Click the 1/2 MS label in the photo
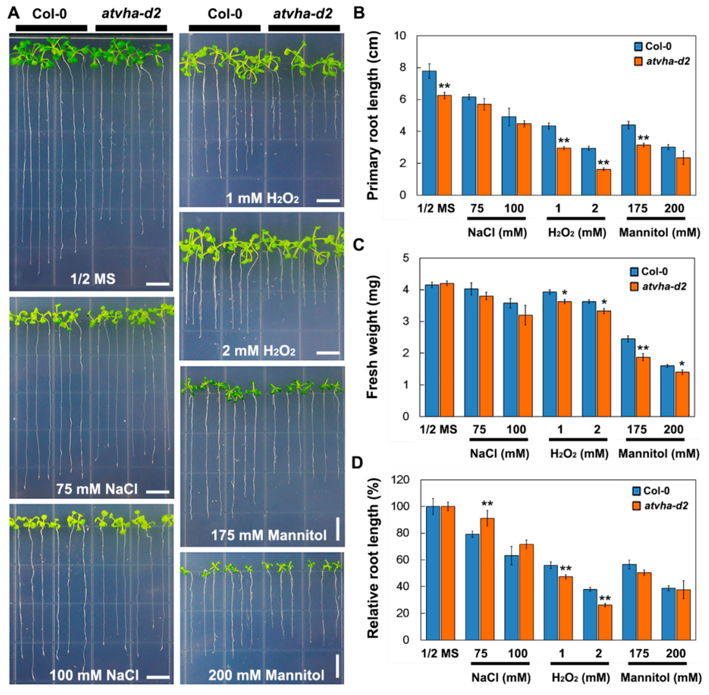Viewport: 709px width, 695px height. pyautogui.click(x=93, y=279)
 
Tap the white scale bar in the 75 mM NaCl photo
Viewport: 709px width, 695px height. pyautogui.click(x=158, y=492)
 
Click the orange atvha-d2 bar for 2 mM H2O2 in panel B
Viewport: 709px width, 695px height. pyautogui.click(x=604, y=182)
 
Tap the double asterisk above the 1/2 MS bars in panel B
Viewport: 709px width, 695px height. pyautogui.click(x=444, y=87)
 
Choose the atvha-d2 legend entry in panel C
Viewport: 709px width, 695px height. pyautogui.click(x=659, y=287)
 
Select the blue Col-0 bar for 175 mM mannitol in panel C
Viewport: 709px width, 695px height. pyautogui.click(x=628, y=377)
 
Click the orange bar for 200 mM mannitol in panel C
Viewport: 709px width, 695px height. pyautogui.click(x=682, y=394)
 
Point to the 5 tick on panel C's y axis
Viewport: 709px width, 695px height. pyautogui.click(x=406, y=258)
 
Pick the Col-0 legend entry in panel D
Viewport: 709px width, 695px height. pyautogui.click(x=651, y=491)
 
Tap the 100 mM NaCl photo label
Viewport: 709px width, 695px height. pyautogui.click(x=94, y=675)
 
